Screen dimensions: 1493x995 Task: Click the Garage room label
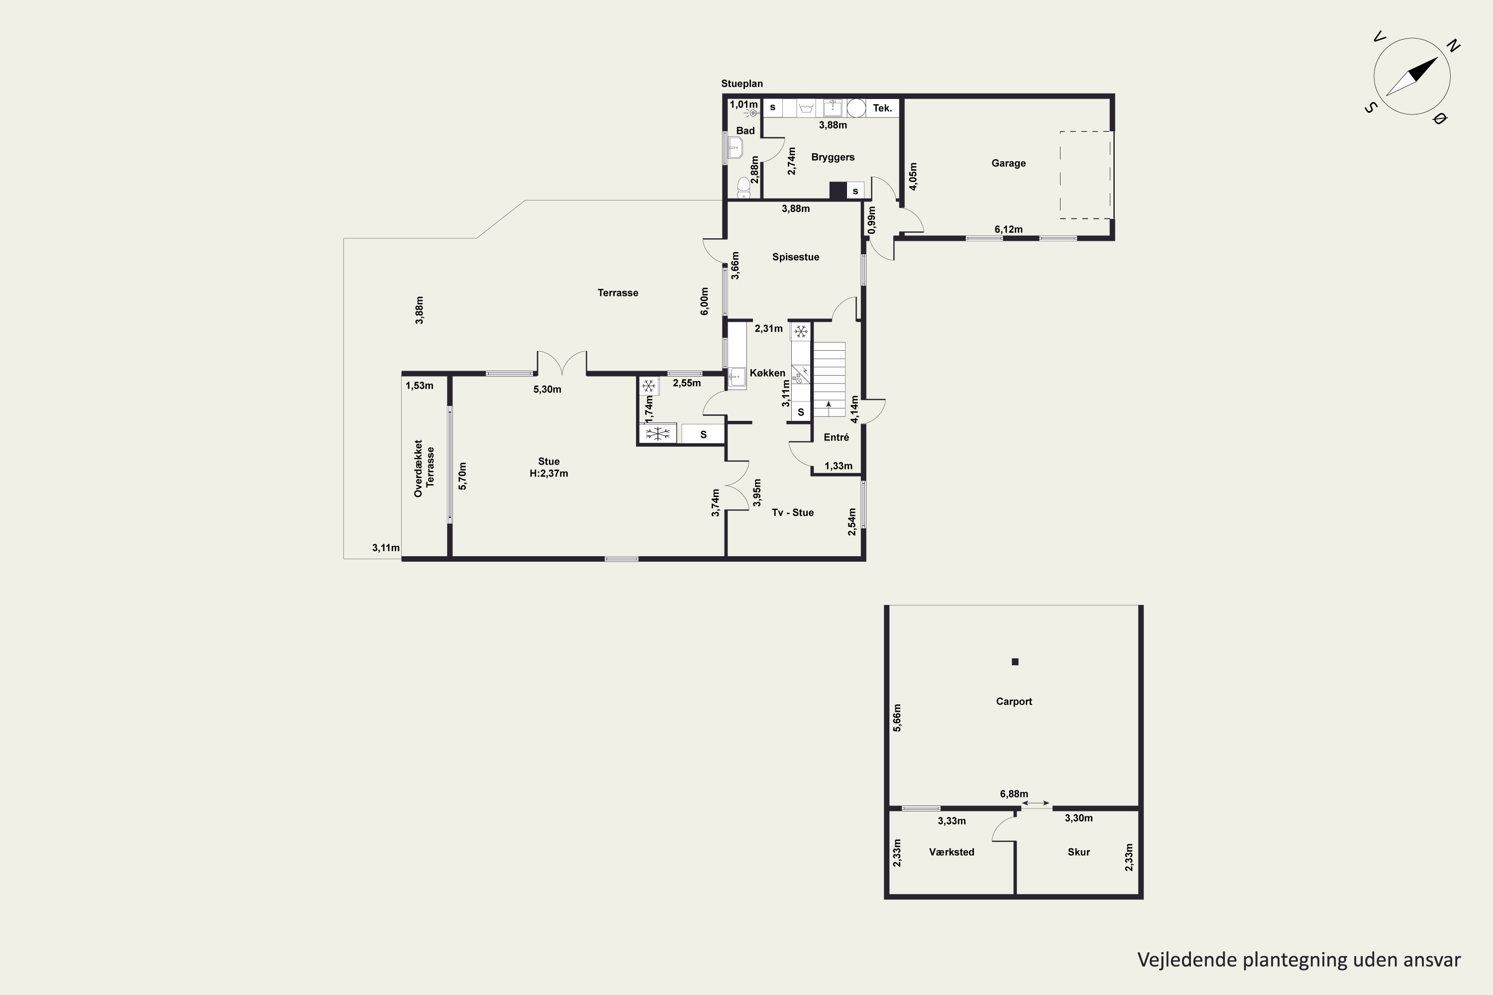[1008, 163]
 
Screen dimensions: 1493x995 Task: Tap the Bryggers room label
[833, 157]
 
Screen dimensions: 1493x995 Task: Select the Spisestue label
[795, 257]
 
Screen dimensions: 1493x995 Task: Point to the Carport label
[1014, 701]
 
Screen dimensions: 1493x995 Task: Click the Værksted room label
[952, 852]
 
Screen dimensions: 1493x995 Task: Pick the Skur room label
[1078, 852]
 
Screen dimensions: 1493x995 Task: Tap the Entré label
[836, 437]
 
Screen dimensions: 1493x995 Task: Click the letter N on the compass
[1453, 46]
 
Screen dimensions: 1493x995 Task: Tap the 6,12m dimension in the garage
[1008, 230]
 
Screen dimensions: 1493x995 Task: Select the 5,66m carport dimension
[897, 718]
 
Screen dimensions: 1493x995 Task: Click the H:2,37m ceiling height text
[548, 474]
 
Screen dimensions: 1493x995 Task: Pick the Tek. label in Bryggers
[882, 108]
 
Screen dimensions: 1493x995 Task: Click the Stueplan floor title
[742, 84]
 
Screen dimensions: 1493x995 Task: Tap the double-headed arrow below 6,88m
[1035, 803]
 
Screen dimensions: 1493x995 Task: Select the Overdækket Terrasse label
[424, 468]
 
